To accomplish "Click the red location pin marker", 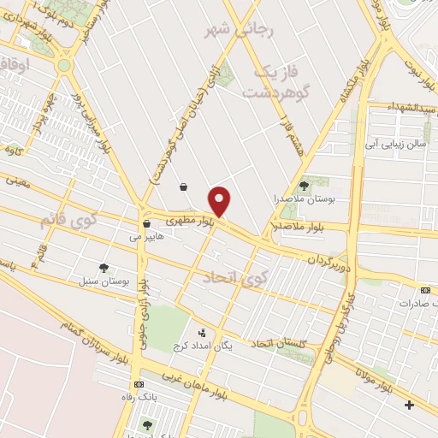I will pos(221,201).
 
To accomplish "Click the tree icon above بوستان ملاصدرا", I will pos(304,185).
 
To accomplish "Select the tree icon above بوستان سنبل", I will pos(104,268).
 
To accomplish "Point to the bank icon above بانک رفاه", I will pos(139,385).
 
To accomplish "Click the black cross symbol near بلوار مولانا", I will pos(410,404).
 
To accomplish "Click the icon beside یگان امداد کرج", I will pos(202,332).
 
